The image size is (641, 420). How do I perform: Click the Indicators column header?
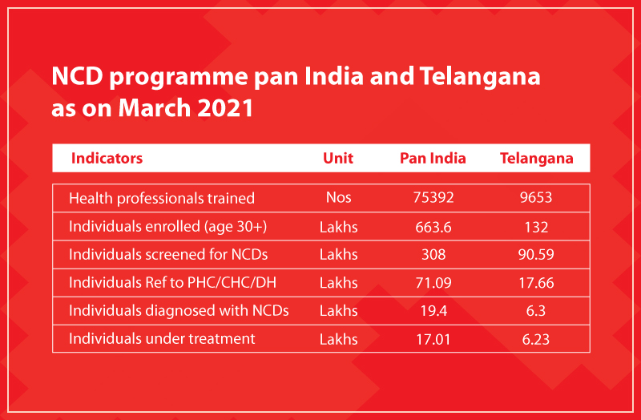[x=107, y=158]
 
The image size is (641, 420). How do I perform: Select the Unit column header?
[x=338, y=158]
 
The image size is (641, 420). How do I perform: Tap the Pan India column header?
[x=433, y=158]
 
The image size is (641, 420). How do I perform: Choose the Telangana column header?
[x=536, y=159]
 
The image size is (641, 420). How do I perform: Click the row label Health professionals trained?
[x=162, y=198]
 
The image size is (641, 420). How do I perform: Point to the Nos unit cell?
[x=338, y=197]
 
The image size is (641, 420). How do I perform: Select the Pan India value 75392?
[x=433, y=197]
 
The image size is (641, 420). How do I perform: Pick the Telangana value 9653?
[x=536, y=197]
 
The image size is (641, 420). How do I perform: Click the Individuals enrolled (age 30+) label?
[x=167, y=227]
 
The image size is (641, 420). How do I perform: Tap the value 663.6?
[x=433, y=227]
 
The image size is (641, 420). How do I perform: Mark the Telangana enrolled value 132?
[x=536, y=227]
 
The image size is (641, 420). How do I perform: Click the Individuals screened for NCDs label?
[x=168, y=254]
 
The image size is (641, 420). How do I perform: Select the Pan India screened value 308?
[x=433, y=255]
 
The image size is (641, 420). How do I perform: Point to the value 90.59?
[x=536, y=255]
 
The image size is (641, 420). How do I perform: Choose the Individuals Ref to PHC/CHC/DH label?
[x=172, y=282]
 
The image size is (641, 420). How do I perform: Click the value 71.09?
[x=433, y=283]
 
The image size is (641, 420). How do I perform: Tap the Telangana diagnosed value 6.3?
[x=536, y=311]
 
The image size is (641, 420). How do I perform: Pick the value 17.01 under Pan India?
[x=433, y=339]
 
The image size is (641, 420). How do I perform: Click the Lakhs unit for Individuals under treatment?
[x=338, y=339]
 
